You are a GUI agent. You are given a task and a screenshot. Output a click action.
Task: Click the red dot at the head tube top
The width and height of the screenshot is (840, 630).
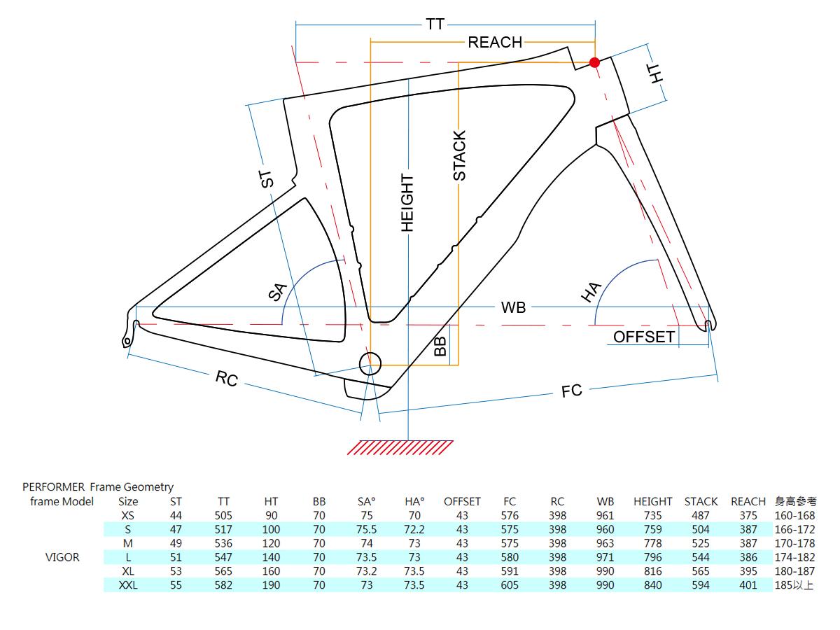[594, 62]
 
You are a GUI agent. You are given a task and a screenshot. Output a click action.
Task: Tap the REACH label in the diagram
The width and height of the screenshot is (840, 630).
[495, 42]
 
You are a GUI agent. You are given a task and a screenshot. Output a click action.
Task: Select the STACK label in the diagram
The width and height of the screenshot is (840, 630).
[459, 155]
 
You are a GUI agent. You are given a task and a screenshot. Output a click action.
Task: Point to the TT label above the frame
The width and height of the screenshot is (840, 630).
[435, 24]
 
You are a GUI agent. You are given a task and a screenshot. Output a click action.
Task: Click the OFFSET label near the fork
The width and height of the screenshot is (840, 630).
[644, 337]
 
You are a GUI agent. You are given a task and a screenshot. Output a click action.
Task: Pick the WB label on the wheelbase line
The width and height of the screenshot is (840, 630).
[513, 307]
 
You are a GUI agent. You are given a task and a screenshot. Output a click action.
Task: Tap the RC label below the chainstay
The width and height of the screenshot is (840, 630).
[227, 379]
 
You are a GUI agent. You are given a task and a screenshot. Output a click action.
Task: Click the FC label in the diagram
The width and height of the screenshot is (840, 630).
[572, 391]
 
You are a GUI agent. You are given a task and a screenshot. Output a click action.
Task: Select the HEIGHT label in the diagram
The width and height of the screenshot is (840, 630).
[407, 202]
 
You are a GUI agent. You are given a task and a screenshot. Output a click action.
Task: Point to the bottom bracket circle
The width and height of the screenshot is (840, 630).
[370, 363]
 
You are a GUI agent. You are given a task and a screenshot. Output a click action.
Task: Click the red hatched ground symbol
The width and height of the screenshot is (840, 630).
[400, 447]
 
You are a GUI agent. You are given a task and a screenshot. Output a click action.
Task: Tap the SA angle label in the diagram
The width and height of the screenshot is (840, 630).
[278, 292]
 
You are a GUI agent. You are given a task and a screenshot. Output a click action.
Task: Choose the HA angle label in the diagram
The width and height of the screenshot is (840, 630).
[591, 292]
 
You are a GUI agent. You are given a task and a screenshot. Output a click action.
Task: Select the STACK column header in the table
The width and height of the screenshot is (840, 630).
[701, 501]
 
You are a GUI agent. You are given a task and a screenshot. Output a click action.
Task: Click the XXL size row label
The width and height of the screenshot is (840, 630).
[128, 585]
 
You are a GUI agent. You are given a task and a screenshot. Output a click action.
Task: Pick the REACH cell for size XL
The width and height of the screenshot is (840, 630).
[748, 571]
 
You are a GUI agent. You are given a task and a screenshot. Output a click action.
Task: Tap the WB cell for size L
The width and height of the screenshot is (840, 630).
[605, 557]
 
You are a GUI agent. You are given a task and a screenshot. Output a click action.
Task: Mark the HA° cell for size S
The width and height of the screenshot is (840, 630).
[414, 529]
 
